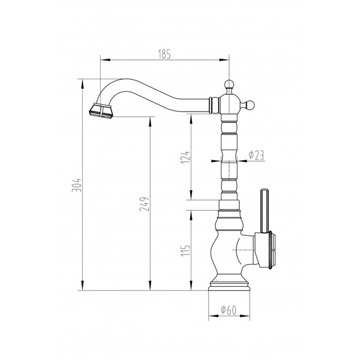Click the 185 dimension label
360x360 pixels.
[164, 55]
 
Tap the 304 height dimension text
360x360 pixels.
[76, 185]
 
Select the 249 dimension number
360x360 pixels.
[145, 204]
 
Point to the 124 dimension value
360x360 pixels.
[185, 157]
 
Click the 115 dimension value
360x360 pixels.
[185, 251]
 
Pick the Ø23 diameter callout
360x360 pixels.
[256, 155]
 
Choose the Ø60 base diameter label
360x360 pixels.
[229, 310]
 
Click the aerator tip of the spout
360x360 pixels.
[100, 112]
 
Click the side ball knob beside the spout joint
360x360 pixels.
[250, 106]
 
